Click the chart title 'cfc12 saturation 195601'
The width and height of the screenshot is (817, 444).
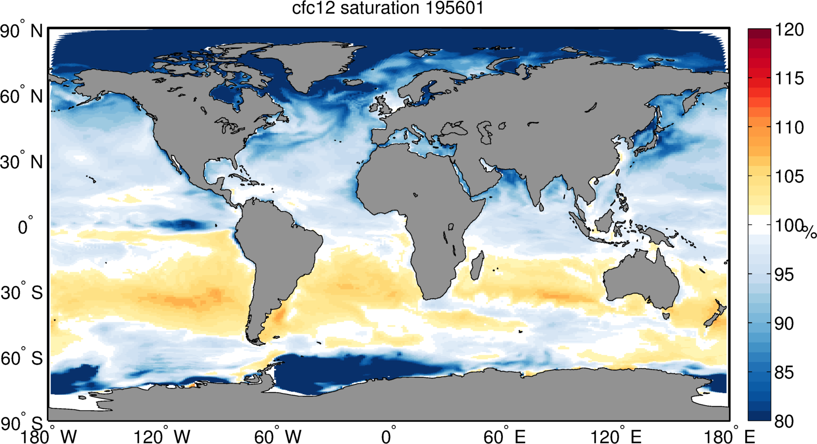[x=388, y=8]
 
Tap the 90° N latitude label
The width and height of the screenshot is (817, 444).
[x=22, y=32]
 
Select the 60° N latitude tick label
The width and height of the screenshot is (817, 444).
[x=22, y=97]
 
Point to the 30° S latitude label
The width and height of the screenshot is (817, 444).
[x=22, y=293]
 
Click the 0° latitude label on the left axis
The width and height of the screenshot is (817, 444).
[x=25, y=227]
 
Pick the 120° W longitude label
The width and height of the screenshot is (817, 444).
[x=162, y=436]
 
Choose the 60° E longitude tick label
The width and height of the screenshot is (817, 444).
[x=504, y=436]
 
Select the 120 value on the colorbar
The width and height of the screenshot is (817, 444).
[x=789, y=30]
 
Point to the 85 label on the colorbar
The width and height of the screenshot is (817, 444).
[x=784, y=373]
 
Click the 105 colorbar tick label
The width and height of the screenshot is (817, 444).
[x=789, y=176]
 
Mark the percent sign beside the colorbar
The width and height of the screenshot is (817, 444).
[x=810, y=232]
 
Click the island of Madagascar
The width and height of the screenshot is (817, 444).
[x=477, y=265]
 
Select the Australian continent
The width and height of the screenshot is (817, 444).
[x=642, y=280]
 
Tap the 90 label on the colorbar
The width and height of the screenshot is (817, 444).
[x=784, y=324]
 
